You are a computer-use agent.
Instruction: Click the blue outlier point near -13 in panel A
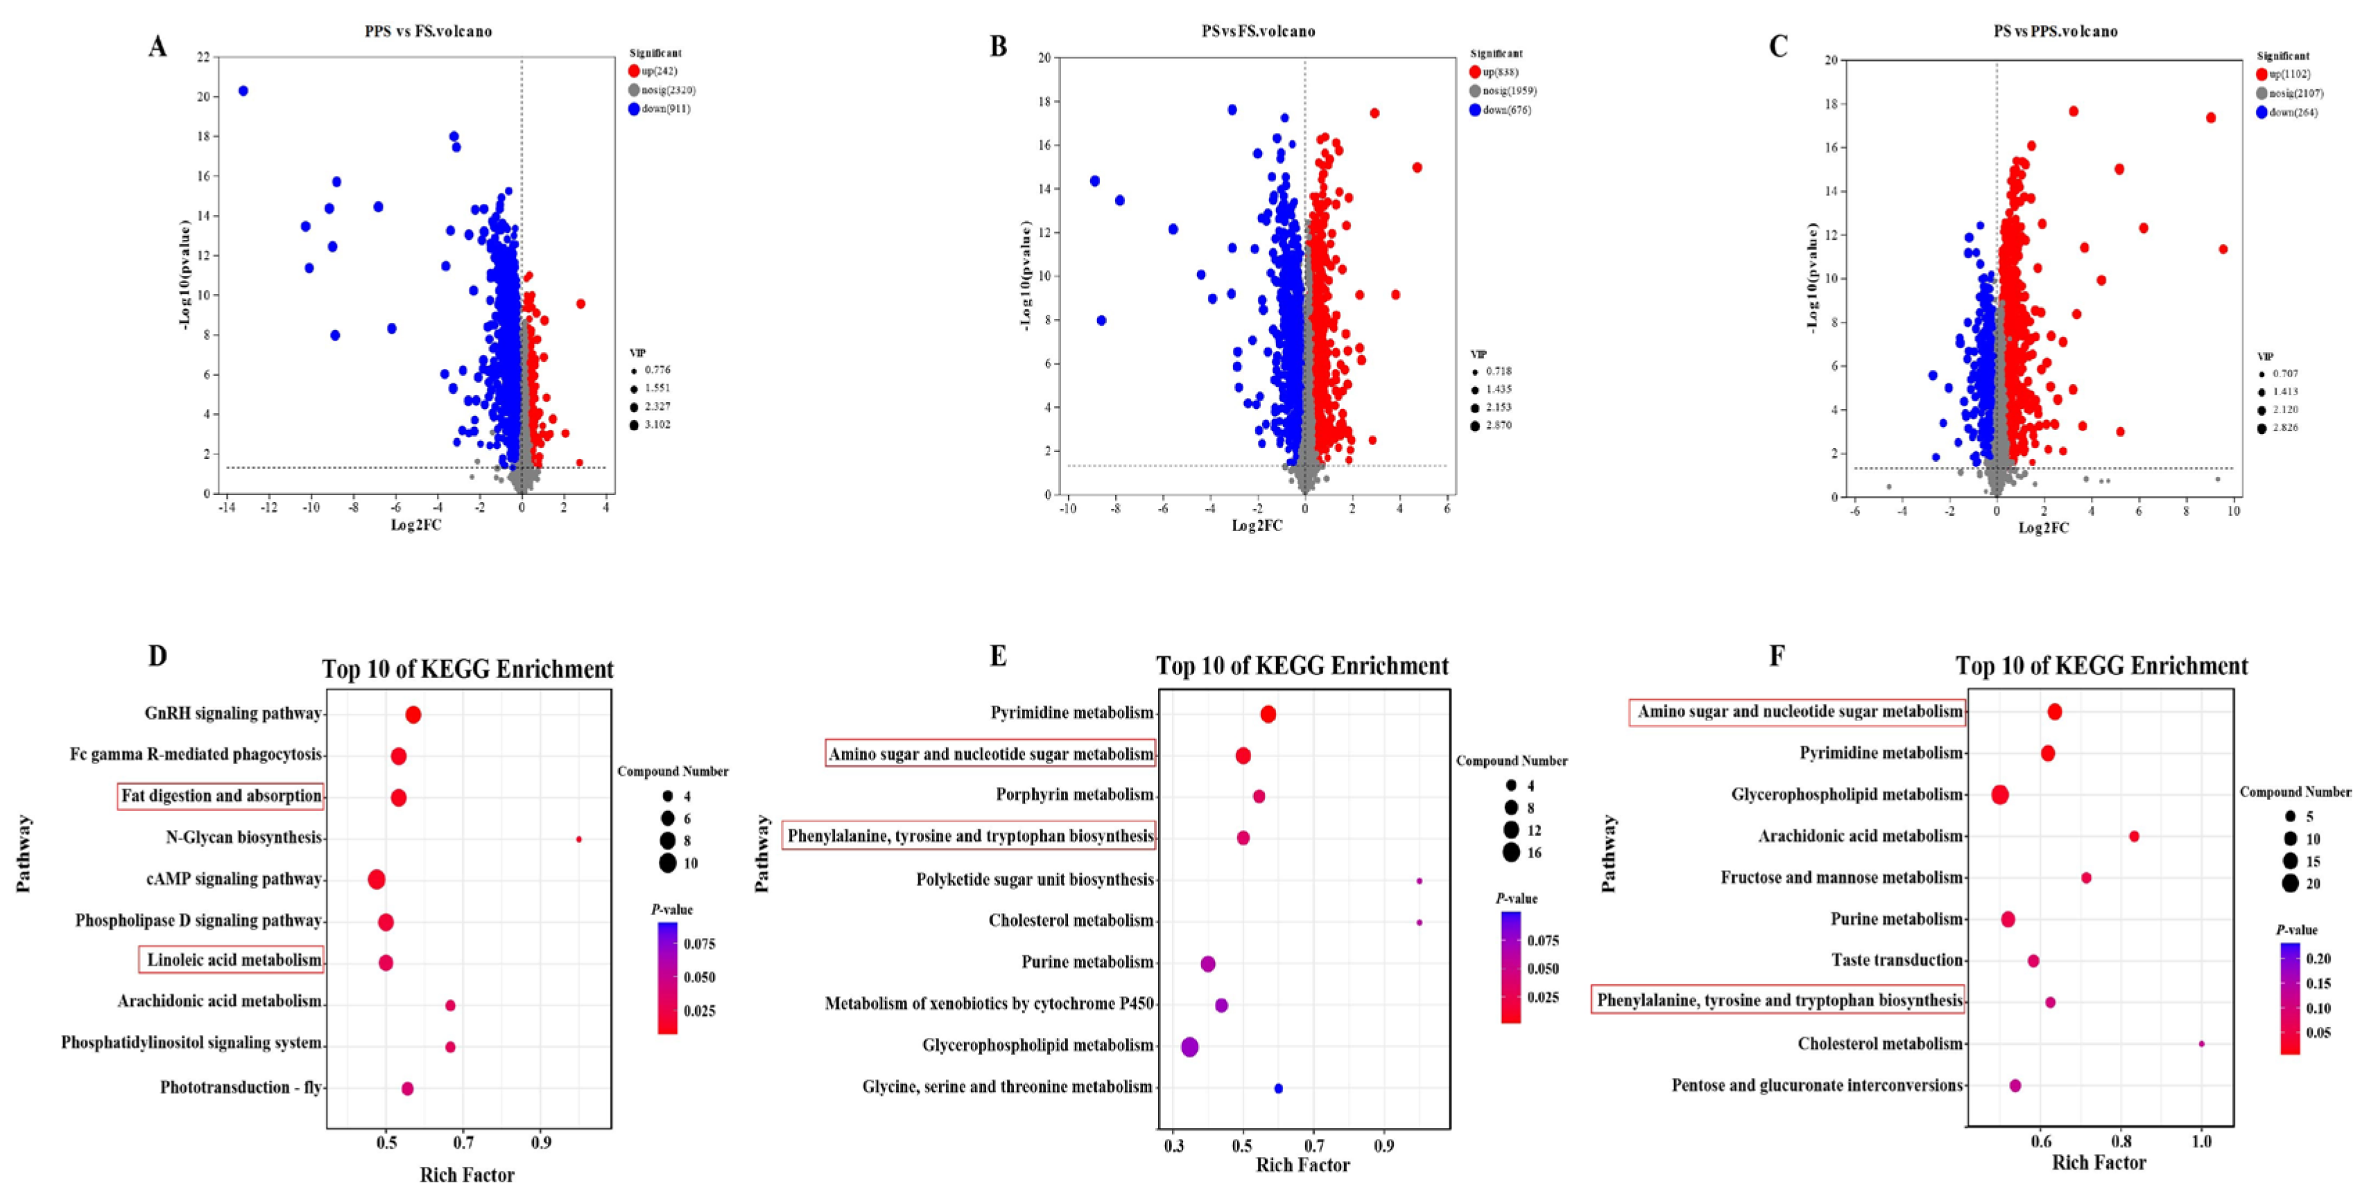pyautogui.click(x=243, y=91)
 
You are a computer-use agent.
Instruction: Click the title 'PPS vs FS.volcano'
pyautogui.click(x=428, y=31)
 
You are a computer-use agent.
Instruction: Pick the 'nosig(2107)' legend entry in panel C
pyautogui.click(x=2296, y=94)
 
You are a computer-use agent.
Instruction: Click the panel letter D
pyautogui.click(x=157, y=657)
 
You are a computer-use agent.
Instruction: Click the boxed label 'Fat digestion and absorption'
pyautogui.click(x=221, y=796)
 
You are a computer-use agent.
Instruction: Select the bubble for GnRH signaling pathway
pyautogui.click(x=413, y=715)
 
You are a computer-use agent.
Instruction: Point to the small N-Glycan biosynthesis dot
pyautogui.click(x=578, y=839)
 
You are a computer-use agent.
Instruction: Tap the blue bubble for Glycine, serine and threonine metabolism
pyautogui.click(x=1278, y=1088)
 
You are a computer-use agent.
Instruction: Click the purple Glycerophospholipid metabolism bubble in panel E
pyautogui.click(x=1189, y=1047)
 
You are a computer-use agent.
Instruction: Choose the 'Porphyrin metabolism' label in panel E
pyautogui.click(x=1075, y=795)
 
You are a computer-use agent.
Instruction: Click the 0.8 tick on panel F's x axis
pyautogui.click(x=2121, y=1141)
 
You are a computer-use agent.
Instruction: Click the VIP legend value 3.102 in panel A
pyautogui.click(x=657, y=424)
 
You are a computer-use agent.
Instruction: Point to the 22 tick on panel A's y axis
pyautogui.click(x=202, y=57)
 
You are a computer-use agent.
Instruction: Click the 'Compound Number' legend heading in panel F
pyautogui.click(x=2295, y=791)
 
